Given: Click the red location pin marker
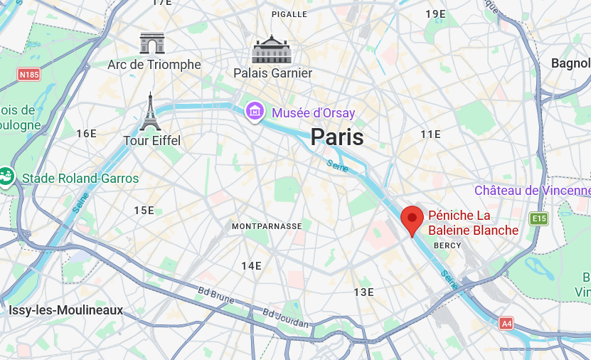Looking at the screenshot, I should [x=412, y=218].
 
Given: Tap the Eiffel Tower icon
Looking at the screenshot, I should [x=150, y=112].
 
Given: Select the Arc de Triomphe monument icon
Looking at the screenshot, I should [x=152, y=43].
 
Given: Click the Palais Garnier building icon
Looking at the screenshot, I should [x=272, y=50].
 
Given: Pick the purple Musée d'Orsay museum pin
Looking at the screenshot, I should [x=255, y=111].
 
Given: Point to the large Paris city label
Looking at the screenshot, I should [x=337, y=137].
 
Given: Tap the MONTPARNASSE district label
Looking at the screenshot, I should [x=267, y=226].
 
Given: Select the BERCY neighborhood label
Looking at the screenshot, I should [x=447, y=245].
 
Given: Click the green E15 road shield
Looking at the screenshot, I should [x=538, y=218].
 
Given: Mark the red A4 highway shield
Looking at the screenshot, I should [x=506, y=322].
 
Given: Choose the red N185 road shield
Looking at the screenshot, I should [x=29, y=74].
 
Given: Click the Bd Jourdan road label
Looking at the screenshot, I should [x=286, y=318].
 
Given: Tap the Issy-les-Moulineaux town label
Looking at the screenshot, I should [x=65, y=310].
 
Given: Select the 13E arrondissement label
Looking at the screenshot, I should [x=363, y=292].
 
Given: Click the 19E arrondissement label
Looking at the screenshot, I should [x=435, y=14].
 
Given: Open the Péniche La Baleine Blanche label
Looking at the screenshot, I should [x=473, y=223].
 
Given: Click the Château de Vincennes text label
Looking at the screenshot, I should [x=532, y=191].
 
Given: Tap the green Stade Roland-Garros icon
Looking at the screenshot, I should [x=7, y=175].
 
